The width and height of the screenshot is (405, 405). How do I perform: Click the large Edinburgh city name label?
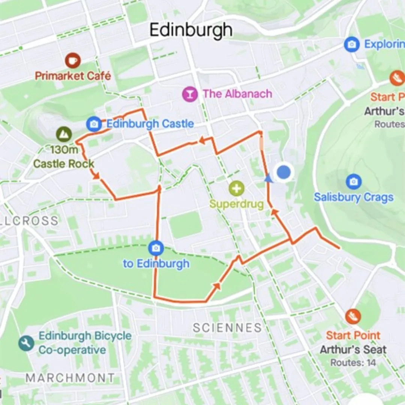click(x=191, y=30)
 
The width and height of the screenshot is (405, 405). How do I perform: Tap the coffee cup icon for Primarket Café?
click(x=73, y=60)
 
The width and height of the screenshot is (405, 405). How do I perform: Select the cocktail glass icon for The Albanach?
click(x=190, y=94)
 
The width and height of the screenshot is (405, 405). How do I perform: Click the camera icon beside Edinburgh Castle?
click(x=93, y=124)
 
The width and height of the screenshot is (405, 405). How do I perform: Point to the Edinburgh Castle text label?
click(x=150, y=124)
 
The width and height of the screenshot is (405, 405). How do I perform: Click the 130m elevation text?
click(x=64, y=150)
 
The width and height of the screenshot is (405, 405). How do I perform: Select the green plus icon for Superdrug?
click(x=236, y=189)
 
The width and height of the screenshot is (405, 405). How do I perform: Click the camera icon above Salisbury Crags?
click(x=353, y=181)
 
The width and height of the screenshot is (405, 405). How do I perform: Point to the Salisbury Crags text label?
click(x=353, y=197)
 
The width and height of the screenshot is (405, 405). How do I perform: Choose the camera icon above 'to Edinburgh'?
click(x=156, y=248)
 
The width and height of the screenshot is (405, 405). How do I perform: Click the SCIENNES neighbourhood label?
click(x=227, y=327)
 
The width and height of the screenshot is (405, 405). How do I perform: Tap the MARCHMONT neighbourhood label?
click(x=70, y=378)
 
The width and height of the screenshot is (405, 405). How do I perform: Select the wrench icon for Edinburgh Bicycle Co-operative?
click(x=26, y=343)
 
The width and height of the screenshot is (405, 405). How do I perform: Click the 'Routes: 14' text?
click(x=353, y=363)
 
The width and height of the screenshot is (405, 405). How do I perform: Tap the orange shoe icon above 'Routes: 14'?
click(x=353, y=316)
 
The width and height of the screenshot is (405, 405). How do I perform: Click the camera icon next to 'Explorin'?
click(x=352, y=45)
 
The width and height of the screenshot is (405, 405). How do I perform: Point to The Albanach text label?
click(x=237, y=94)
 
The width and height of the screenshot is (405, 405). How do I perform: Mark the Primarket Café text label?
click(x=73, y=76)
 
